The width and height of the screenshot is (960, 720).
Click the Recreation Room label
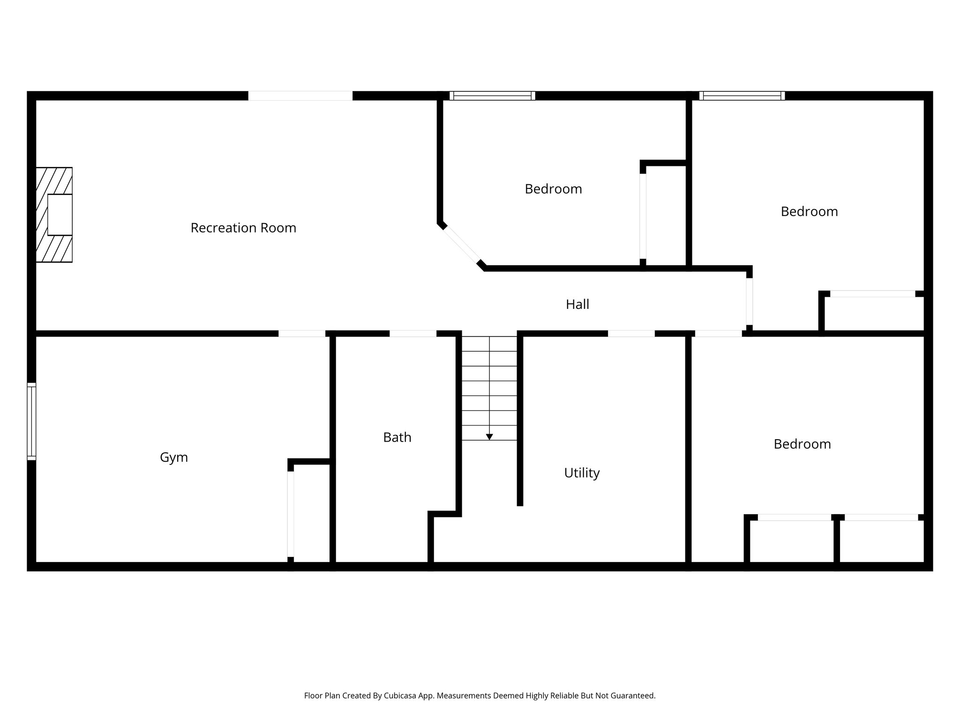click(x=243, y=228)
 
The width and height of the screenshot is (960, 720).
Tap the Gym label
click(x=174, y=457)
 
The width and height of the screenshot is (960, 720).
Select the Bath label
click(x=397, y=437)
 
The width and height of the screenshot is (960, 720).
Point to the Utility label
click(x=582, y=472)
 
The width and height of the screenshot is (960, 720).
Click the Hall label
click(x=577, y=305)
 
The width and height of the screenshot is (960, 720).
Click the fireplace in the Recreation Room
click(x=54, y=215)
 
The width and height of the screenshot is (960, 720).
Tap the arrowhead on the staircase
click(x=489, y=437)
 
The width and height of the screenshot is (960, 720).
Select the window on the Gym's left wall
click(x=31, y=421)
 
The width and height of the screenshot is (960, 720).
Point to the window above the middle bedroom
click(x=492, y=96)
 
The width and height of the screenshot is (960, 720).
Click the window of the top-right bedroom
click(x=742, y=96)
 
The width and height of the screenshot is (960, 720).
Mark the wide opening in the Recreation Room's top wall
click(x=300, y=96)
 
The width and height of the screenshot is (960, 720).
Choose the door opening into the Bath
click(x=412, y=333)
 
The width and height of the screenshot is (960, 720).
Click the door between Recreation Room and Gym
click(x=302, y=333)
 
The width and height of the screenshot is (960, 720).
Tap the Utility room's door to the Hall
click(x=631, y=333)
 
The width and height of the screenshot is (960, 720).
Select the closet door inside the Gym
click(x=291, y=514)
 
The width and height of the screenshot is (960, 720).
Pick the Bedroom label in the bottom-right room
click(x=802, y=444)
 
